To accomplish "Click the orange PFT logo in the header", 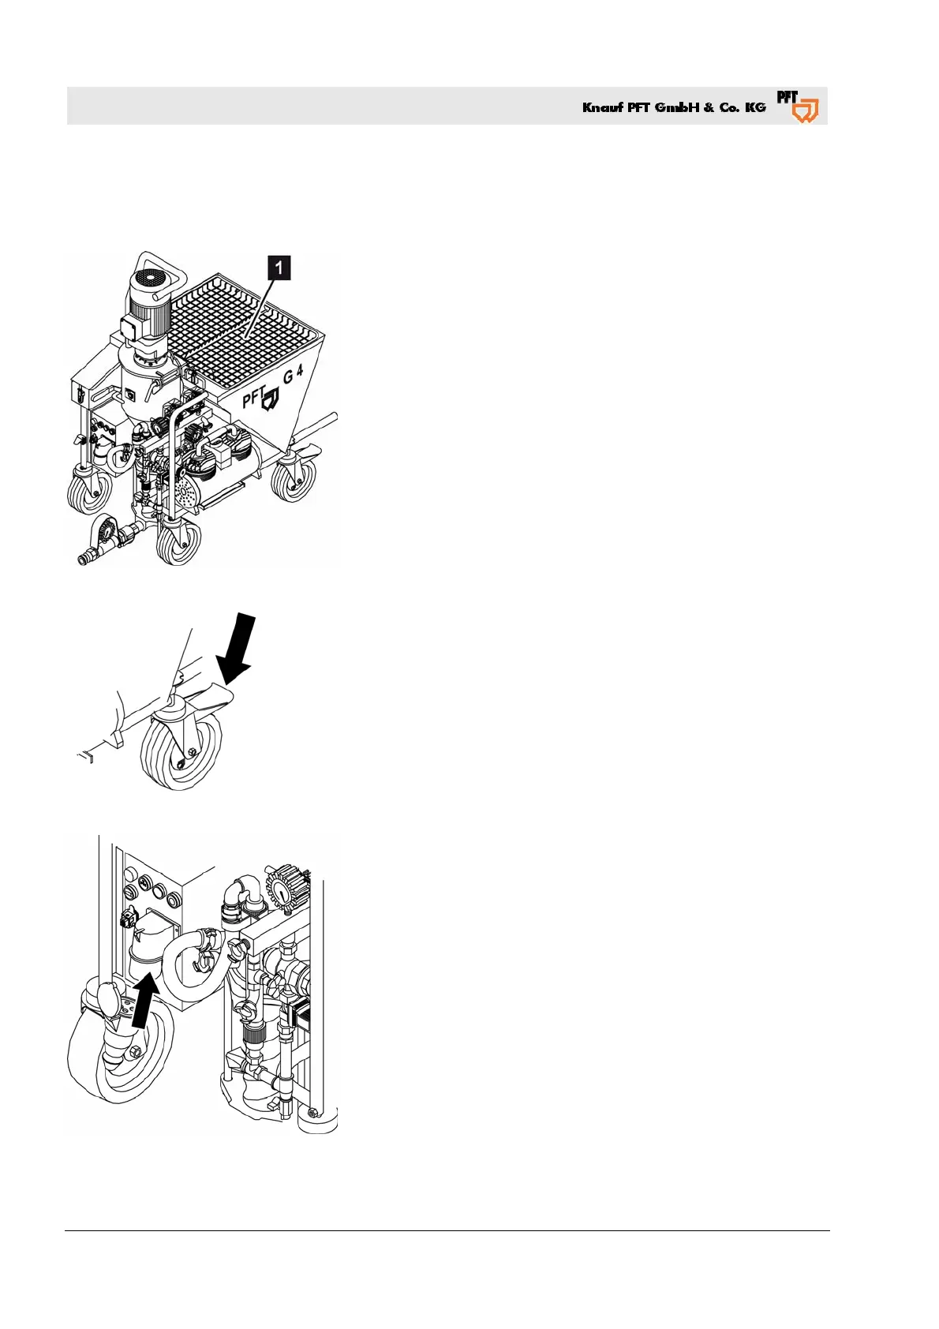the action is pyautogui.click(x=798, y=107).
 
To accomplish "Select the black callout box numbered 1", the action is pyautogui.click(x=279, y=268).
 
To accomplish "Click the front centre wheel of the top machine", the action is pyautogui.click(x=178, y=542).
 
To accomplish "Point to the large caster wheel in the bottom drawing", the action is pyautogui.click(x=118, y=1054).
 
